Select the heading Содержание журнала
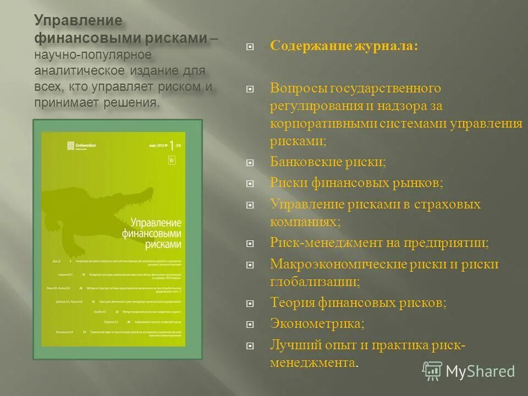(344, 46)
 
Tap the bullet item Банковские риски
(328, 162)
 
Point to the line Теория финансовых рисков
(358, 302)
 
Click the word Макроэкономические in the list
(338, 264)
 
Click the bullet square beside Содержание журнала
(250, 47)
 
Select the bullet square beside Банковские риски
(250, 163)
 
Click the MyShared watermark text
(480, 371)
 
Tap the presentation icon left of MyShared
(432, 371)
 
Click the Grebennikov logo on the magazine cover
(82, 145)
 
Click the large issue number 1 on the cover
(171, 145)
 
